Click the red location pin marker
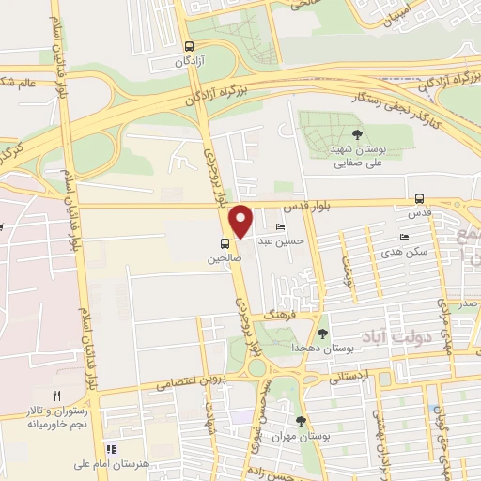pos(241,221)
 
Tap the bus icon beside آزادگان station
pos(190,45)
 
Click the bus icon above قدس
pos(419,198)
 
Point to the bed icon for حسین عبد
pos(280,228)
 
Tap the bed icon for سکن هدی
pos(404,238)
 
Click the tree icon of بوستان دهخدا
pos(323,334)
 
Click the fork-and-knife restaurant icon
pos(56,396)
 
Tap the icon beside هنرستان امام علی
pos(110,450)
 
